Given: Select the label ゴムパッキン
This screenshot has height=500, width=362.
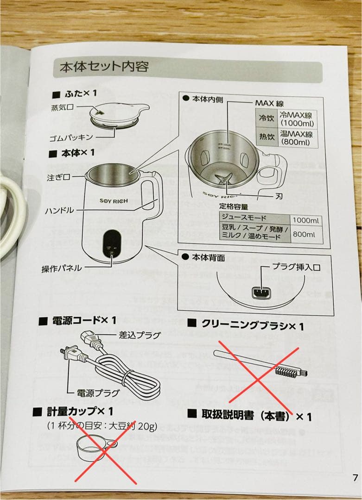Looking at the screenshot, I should (72, 137).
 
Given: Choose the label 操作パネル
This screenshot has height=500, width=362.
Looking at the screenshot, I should (61, 268).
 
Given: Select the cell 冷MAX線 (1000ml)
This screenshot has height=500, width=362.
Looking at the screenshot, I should (296, 119).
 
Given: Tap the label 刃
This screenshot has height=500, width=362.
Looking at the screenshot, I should (279, 196).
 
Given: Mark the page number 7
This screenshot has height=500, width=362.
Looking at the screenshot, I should (355, 478).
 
